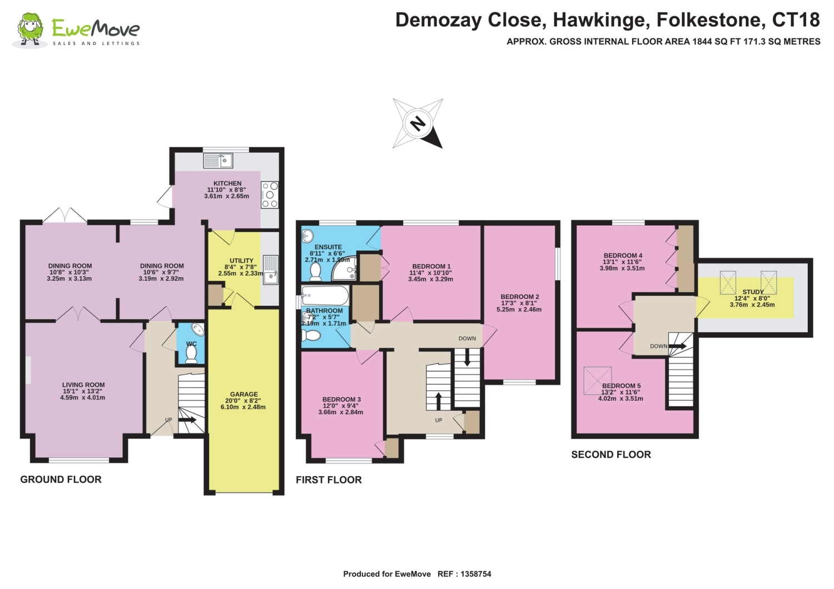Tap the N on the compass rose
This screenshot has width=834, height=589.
pos(418,123)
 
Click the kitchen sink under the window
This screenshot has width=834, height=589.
pos(218,161)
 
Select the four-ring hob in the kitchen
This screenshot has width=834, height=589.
pos(270,194)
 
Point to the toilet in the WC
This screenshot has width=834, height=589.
pos(191,354)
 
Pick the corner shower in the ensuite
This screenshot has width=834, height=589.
pos(345,268)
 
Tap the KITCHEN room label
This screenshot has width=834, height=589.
pos(227,183)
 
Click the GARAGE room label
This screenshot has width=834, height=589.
pos(244,394)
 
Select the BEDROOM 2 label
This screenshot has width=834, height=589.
pos(520,297)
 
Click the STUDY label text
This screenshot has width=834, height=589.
pos(753,292)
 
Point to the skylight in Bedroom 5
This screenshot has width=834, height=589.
pos(598,381)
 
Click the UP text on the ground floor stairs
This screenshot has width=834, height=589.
pos(168,420)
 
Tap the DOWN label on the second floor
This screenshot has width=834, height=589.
pos(659,346)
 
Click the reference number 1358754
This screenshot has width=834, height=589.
pos(475,574)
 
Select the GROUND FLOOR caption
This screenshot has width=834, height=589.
pos(61,479)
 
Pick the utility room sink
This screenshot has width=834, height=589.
pos(270,269)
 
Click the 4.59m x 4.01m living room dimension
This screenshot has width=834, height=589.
pos(83,397)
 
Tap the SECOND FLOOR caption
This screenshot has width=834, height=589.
pos(611,455)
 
